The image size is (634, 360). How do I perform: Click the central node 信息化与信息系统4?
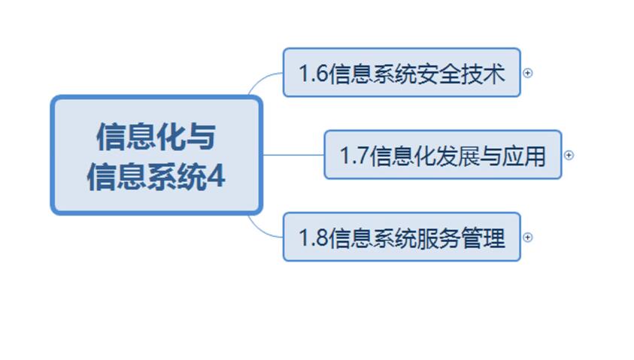(156, 156)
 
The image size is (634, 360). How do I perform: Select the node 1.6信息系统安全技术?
(402, 73)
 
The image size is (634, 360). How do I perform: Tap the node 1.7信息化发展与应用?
(442, 155)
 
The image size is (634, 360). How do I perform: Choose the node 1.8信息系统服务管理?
(402, 237)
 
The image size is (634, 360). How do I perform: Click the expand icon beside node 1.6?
(528, 73)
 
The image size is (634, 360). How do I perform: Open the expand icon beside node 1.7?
(569, 155)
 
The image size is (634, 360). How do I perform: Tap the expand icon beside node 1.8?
(528, 237)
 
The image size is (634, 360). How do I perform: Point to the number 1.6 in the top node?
(313, 74)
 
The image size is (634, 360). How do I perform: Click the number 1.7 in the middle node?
(354, 156)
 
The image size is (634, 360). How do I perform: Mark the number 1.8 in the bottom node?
(313, 238)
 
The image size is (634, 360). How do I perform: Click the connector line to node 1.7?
(293, 155)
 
